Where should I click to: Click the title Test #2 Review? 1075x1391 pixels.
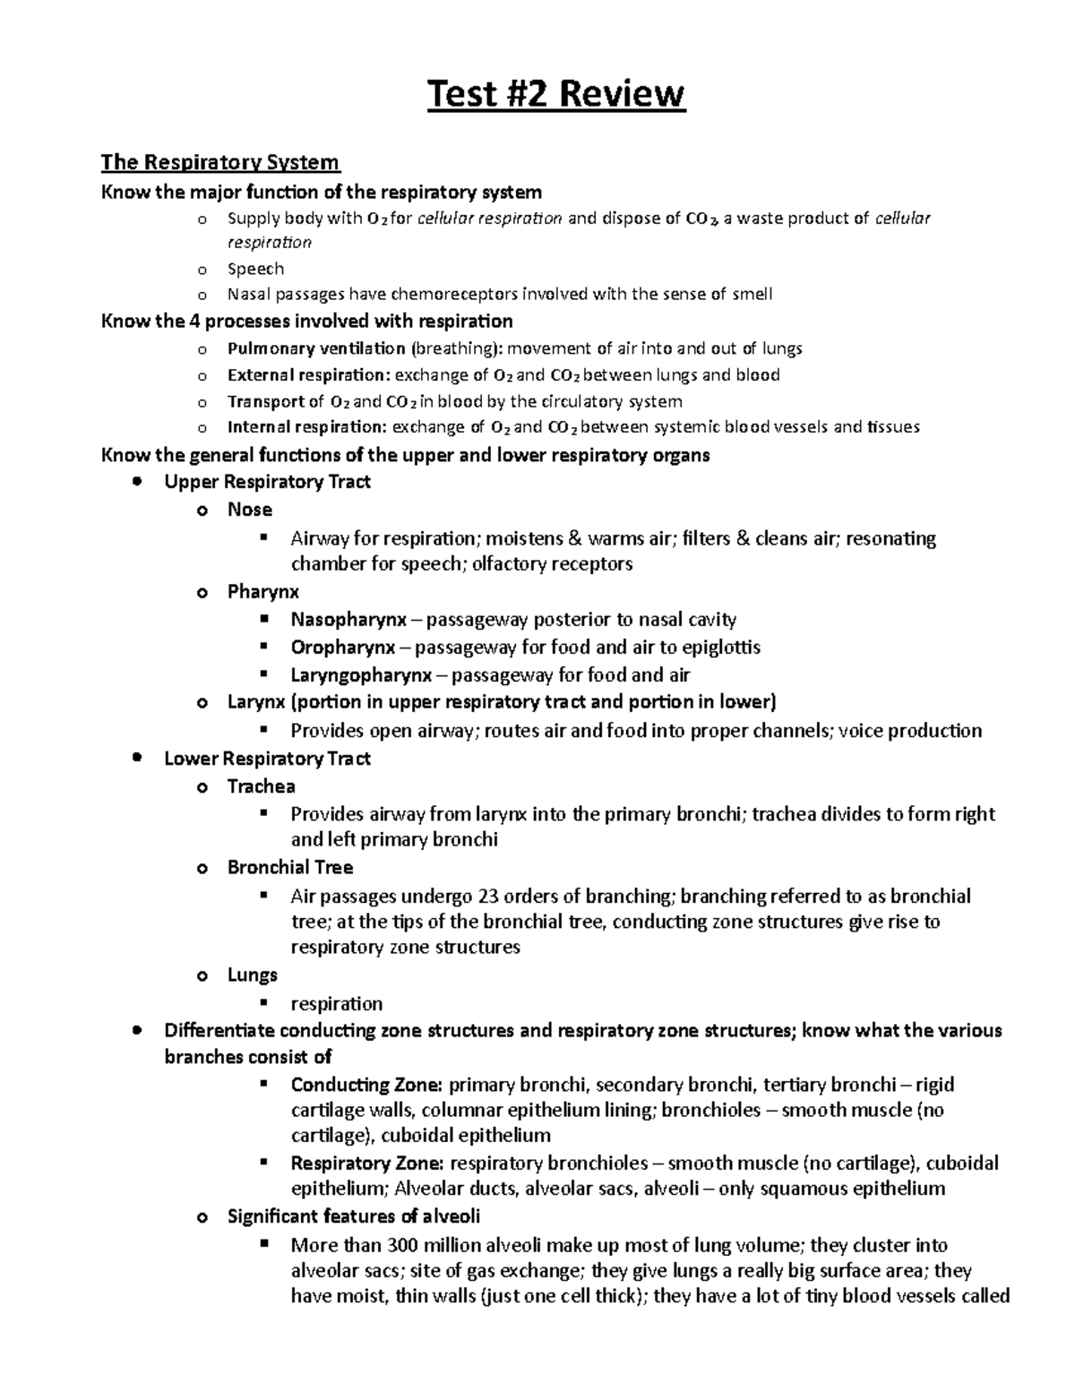pos(555,94)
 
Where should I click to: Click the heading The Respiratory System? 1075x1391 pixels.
pos(220,162)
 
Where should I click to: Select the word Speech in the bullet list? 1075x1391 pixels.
pos(255,269)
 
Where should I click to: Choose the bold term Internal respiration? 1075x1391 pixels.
pos(307,427)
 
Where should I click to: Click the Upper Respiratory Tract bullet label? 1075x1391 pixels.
pos(267,482)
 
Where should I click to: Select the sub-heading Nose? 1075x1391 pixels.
pos(250,510)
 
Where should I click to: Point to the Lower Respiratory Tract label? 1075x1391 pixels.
pos(267,759)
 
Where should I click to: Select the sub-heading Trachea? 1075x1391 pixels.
pos(261,786)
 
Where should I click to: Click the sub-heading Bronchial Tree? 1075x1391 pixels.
pos(290,867)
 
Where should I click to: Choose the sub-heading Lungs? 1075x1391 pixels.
pos(252,975)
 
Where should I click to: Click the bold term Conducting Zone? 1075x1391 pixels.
pos(366,1085)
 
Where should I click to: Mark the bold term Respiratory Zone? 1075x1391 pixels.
pos(367,1163)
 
